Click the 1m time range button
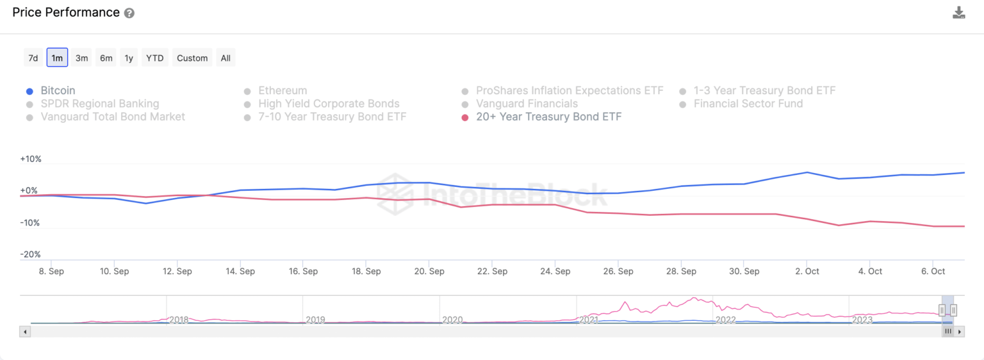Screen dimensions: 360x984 pos(57,58)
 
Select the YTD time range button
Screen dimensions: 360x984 pos(154,58)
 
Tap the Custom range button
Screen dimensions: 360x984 pos(192,58)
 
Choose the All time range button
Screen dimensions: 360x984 pos(225,58)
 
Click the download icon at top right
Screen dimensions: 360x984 pos(958,13)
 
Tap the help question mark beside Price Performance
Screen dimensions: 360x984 pos(129,13)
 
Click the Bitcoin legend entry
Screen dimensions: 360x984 pos(58,91)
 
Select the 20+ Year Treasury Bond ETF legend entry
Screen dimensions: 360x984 pos(548,117)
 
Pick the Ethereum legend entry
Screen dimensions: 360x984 pos(283,91)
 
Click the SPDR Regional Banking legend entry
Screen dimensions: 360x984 pos(99,104)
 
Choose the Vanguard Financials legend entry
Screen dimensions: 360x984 pos(527,104)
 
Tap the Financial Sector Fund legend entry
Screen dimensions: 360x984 pos(748,104)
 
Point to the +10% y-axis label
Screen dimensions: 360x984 pos(31,159)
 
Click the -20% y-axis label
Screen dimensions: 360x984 pos(31,254)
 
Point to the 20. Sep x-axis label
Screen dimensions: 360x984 pos(429,271)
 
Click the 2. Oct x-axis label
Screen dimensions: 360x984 pos(807,271)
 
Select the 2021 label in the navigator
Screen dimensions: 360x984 pos(589,319)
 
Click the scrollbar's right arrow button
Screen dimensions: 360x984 pos(959,331)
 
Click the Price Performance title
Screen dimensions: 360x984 pos(66,12)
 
